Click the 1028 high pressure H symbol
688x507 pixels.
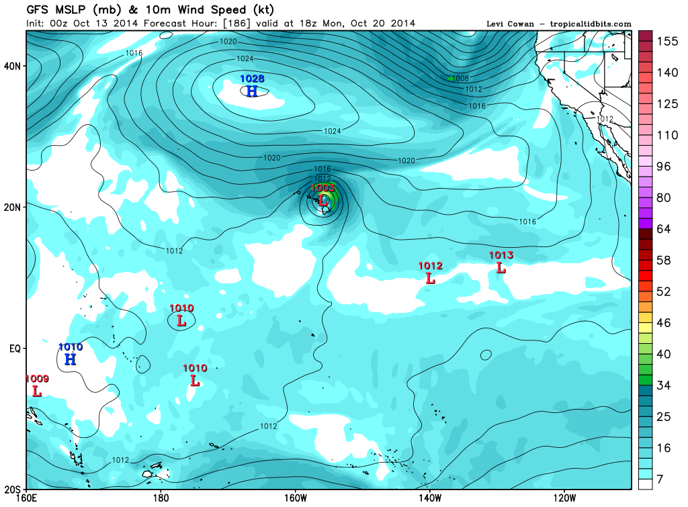coord(252,91)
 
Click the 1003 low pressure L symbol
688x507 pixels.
coord(323,200)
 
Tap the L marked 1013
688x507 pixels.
coord(501,267)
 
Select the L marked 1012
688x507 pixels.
coord(430,277)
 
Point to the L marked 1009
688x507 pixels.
coord(36,390)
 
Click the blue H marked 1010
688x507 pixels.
coord(71,359)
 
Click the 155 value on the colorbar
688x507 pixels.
coord(666,41)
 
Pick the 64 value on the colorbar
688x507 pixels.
coord(663,229)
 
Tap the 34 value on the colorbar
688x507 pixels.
coord(663,385)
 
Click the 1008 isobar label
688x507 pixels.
coord(460,79)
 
